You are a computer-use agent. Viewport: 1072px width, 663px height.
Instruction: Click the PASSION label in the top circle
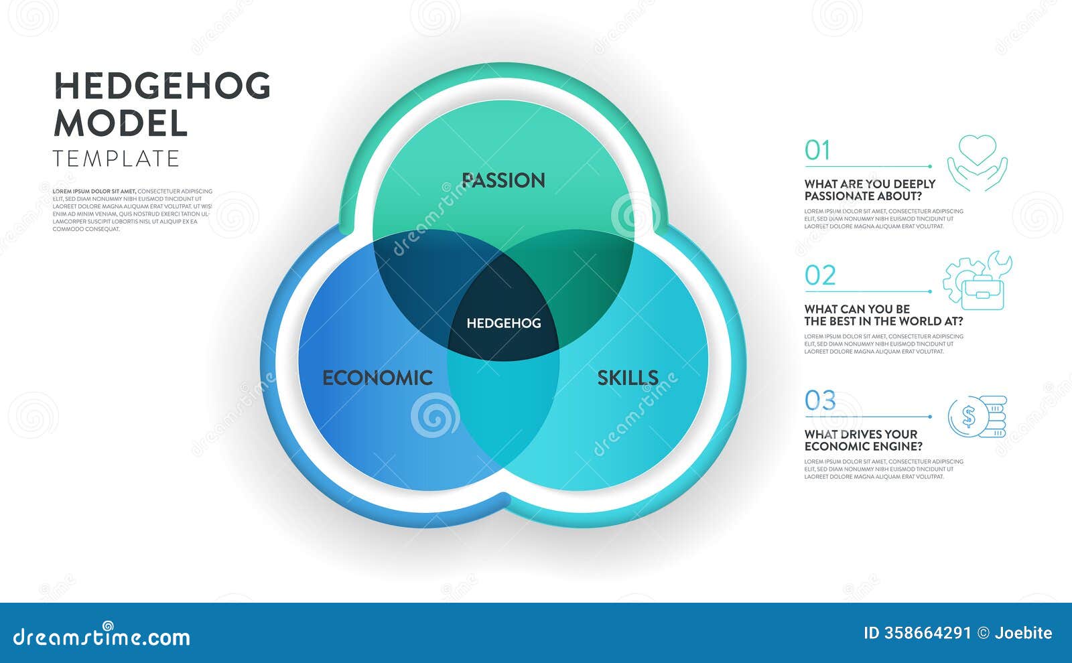(503, 180)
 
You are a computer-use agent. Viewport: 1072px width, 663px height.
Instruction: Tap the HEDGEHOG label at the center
(503, 323)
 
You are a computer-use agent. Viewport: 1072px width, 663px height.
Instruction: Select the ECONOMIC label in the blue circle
(377, 378)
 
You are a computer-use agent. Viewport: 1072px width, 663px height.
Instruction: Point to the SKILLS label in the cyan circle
(627, 378)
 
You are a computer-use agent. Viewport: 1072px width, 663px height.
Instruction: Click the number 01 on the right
(817, 151)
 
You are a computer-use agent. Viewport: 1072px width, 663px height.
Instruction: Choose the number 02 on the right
(820, 276)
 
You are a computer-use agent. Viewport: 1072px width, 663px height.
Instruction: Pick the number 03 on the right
(820, 401)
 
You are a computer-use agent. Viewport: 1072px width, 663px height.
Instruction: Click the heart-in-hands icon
(977, 163)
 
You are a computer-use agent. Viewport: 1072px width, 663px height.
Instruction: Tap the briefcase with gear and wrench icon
(978, 281)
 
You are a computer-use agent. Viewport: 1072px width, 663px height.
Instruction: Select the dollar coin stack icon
(978, 417)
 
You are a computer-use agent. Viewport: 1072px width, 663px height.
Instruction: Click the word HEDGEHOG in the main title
(162, 86)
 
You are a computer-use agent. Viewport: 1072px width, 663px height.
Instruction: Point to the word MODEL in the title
(121, 123)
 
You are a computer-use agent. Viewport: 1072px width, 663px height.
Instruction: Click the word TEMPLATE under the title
(117, 159)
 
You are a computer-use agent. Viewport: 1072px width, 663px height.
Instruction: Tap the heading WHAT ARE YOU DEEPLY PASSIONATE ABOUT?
(870, 190)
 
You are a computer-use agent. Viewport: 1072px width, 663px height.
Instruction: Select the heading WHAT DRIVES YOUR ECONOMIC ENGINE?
(863, 440)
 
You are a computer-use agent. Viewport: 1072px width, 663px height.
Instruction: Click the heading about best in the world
(883, 315)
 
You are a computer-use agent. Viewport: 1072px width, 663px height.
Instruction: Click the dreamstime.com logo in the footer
(102, 637)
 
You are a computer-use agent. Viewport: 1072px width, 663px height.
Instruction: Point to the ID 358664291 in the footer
(917, 633)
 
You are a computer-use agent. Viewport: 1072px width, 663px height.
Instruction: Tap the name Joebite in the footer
(1023, 633)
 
